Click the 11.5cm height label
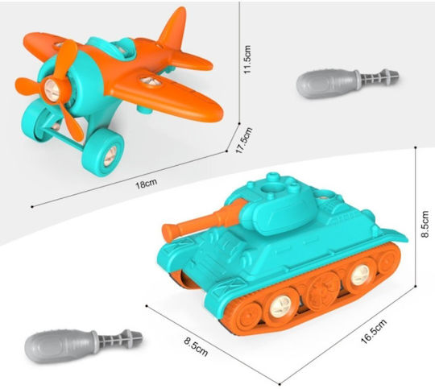click(247, 60)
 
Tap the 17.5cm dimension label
click(244, 140)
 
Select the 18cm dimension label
click(146, 184)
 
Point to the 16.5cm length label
click(374, 331)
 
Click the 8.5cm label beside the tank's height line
click(425, 224)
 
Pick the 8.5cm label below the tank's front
click(196, 346)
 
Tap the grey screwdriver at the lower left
click(84, 346)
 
